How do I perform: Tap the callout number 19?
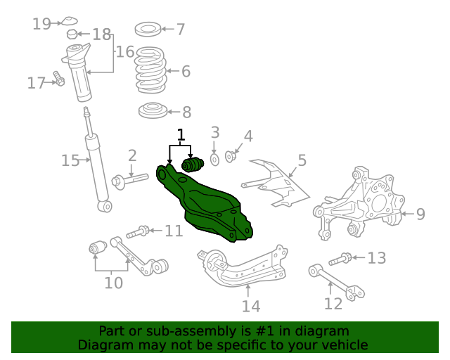point(41,24)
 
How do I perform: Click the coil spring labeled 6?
point(150,70)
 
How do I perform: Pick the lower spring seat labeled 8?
point(150,112)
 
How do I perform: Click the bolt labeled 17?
point(58,81)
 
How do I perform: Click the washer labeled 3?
point(215,159)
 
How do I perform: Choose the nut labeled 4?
point(230,155)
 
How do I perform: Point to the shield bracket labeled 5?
point(278,183)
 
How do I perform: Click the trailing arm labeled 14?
point(243,271)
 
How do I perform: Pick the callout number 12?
point(333,303)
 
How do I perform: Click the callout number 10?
point(113,283)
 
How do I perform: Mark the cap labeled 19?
point(70,20)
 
